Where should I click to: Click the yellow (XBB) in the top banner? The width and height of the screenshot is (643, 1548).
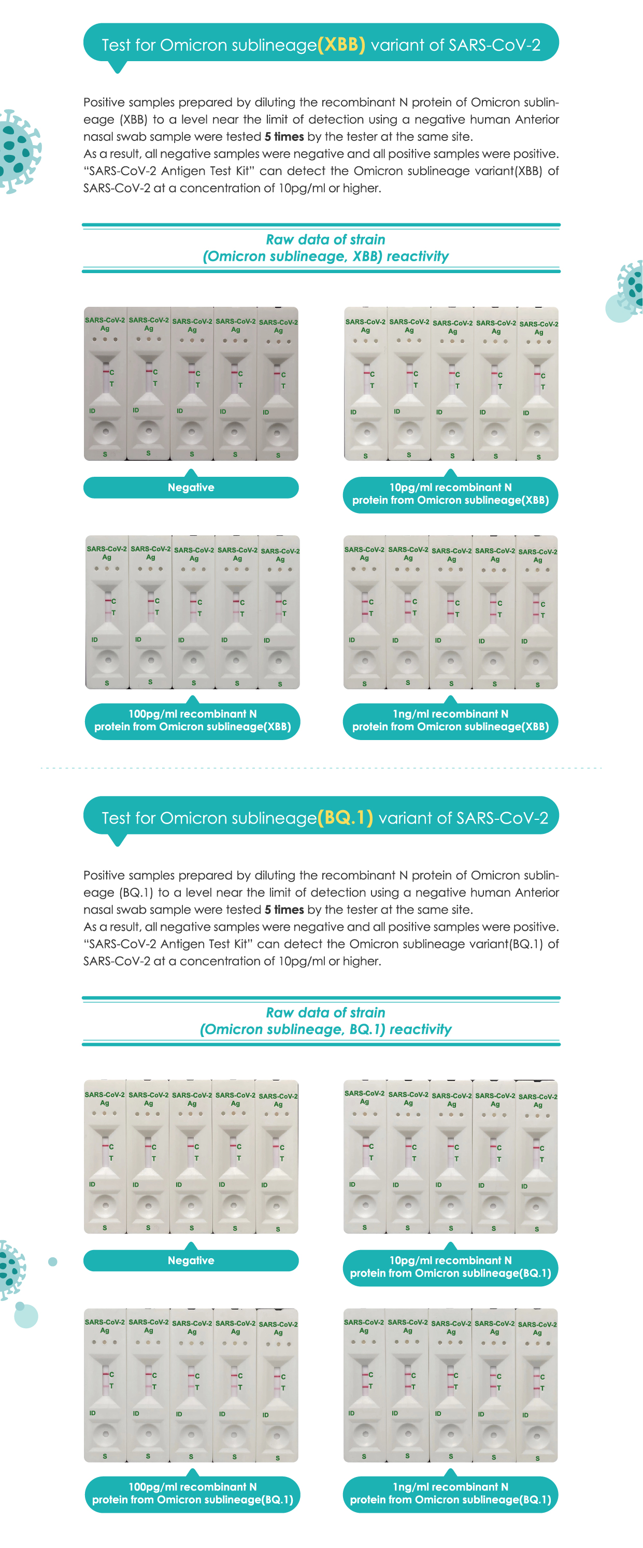pyautogui.click(x=341, y=45)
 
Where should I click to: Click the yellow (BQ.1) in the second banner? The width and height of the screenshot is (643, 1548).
pyautogui.click(x=345, y=818)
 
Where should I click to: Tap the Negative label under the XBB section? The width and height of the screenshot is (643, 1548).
pyautogui.click(x=191, y=487)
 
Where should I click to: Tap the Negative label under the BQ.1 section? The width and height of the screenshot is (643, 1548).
pyautogui.click(x=191, y=1260)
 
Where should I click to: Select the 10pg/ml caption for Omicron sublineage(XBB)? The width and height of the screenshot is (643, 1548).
pyautogui.click(x=450, y=494)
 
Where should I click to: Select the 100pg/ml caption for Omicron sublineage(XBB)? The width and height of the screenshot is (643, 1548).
pyautogui.click(x=192, y=720)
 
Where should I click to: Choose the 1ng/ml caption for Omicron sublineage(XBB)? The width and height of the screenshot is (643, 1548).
pyautogui.click(x=450, y=720)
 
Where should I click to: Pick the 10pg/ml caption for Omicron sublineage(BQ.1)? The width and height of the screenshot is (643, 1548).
pyautogui.click(x=450, y=1267)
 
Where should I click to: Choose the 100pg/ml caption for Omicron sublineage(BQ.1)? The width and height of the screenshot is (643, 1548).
pyautogui.click(x=192, y=1493)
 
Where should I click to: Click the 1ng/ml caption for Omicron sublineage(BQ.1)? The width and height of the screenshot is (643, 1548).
pyautogui.click(x=450, y=1493)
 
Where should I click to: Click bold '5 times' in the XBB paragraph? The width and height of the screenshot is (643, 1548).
pyautogui.click(x=284, y=137)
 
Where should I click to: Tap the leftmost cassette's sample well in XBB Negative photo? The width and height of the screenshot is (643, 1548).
pyautogui.click(x=106, y=432)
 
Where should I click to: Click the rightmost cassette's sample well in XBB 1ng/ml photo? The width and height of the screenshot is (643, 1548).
pyautogui.click(x=537, y=662)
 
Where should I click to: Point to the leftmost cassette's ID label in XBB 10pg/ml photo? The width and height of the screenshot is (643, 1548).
pyautogui.click(x=353, y=412)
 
